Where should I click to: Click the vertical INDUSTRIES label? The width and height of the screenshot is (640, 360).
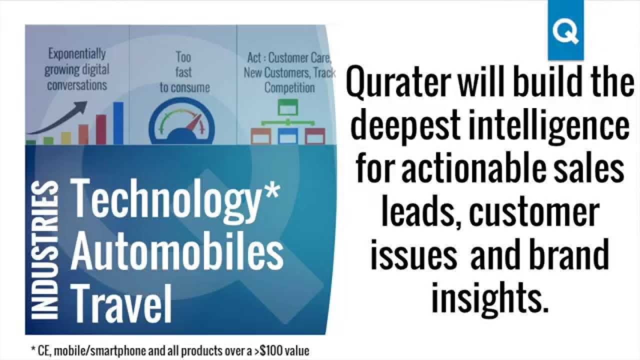tap(43, 250)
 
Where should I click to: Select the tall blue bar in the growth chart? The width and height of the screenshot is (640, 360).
tap(118, 123)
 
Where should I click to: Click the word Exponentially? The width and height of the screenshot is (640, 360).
tap(76, 53)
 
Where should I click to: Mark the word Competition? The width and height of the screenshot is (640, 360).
tap(289, 88)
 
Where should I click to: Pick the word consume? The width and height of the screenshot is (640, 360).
tap(190, 87)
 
